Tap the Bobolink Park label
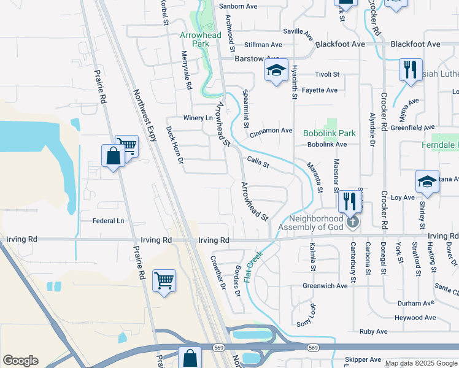click(x=329, y=133)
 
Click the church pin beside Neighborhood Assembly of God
click(x=352, y=221)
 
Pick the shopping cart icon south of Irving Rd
click(x=164, y=280)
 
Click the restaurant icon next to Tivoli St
click(x=410, y=69)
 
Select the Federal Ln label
click(x=108, y=221)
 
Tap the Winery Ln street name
click(x=198, y=118)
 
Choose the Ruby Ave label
click(x=374, y=331)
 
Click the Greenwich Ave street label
click(x=325, y=286)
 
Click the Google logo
click(x=21, y=361)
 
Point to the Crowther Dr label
click(x=218, y=270)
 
